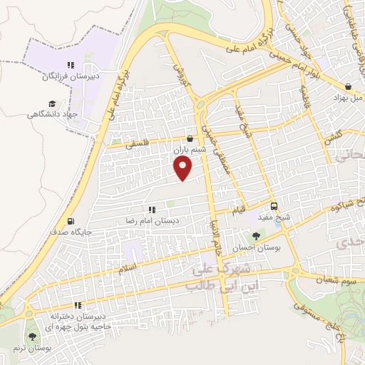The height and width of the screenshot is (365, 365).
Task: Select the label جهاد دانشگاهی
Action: click(x=53, y=114)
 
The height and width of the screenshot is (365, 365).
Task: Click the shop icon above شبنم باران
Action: click(x=190, y=139)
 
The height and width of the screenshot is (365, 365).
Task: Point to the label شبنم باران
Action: click(x=189, y=150)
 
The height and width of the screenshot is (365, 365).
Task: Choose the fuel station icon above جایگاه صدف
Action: click(x=70, y=221)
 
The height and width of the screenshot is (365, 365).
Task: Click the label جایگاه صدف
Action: click(x=70, y=232)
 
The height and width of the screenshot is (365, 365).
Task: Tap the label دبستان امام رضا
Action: click(x=151, y=221)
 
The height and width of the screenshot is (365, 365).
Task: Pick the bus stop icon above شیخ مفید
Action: click(x=274, y=206)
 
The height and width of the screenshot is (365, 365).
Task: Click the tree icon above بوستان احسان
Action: click(x=256, y=236)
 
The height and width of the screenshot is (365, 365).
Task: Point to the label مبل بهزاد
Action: click(x=346, y=97)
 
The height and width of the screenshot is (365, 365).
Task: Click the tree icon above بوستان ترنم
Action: click(x=31, y=336)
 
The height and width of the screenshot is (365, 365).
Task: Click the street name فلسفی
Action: click(x=139, y=143)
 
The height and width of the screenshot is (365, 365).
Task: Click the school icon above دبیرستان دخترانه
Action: click(x=78, y=304)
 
